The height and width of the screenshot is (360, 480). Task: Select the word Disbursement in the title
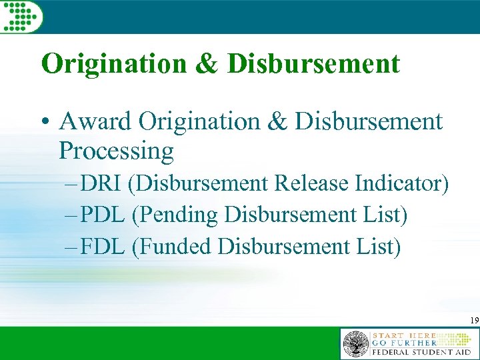click(314, 64)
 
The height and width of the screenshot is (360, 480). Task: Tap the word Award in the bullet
click(95, 122)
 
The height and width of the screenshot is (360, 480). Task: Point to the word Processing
click(116, 151)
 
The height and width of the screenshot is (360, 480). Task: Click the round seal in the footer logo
click(355, 344)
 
